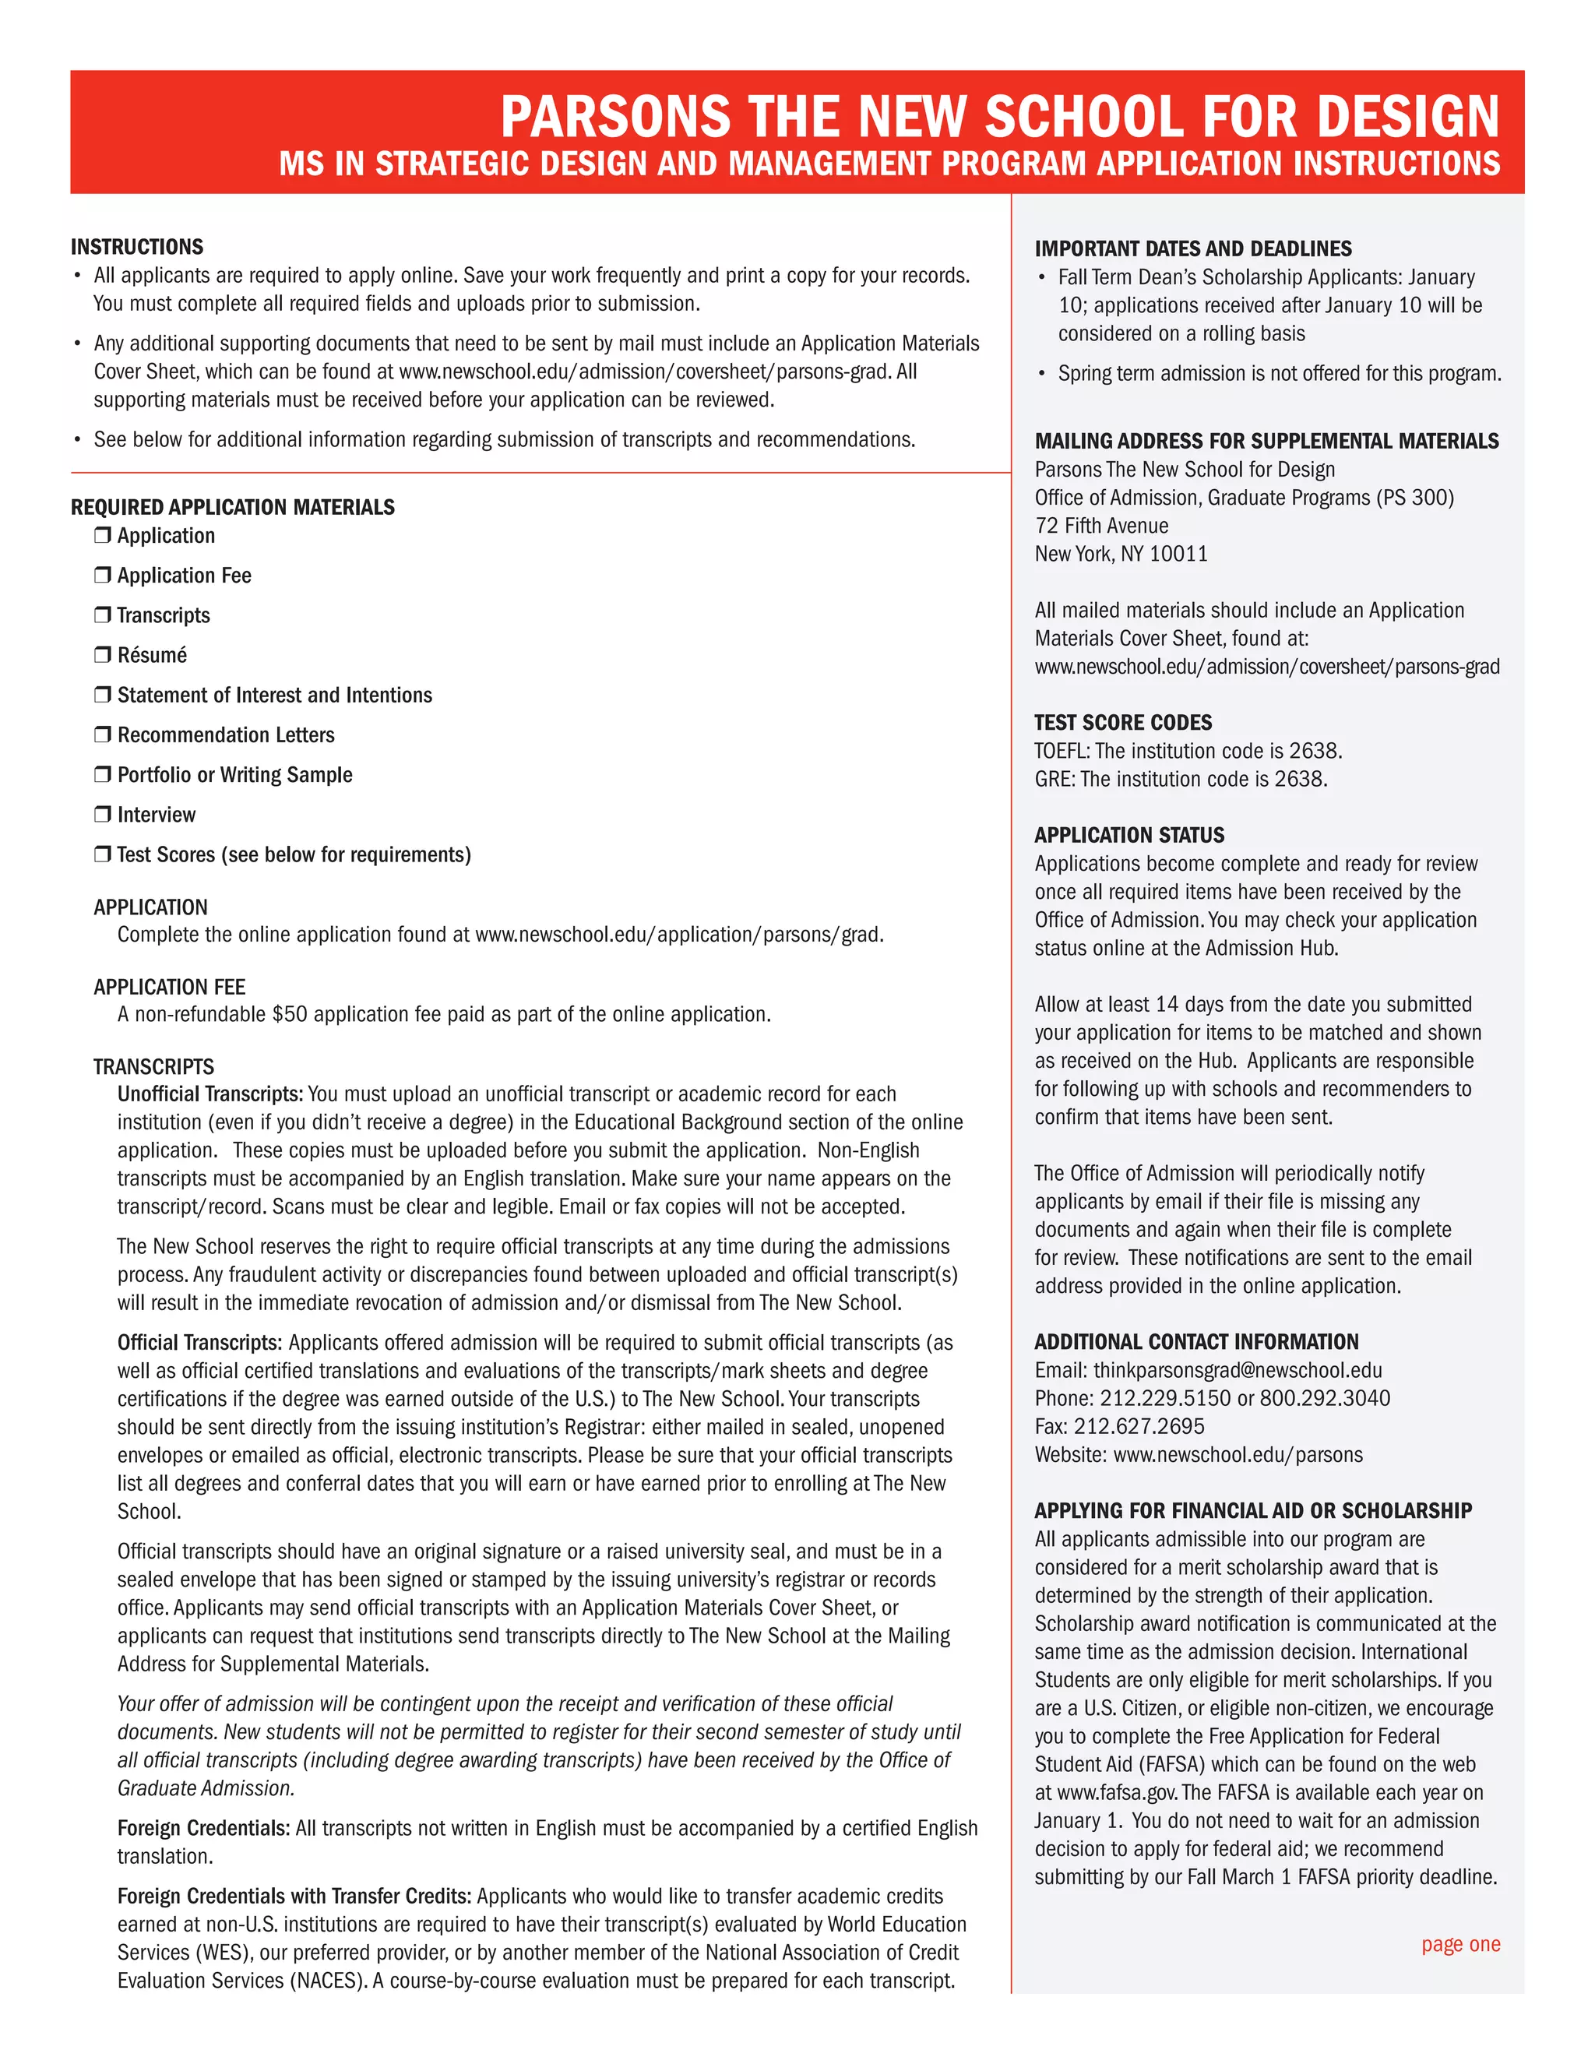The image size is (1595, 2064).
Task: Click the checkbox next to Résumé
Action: tap(102, 654)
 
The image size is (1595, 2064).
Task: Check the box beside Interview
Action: tap(102, 814)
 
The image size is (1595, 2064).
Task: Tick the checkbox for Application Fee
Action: tap(102, 575)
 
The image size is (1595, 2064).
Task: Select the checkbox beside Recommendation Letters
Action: tap(102, 734)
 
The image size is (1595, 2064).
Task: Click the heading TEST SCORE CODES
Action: tap(1122, 723)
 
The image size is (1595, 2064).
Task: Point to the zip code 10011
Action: tap(1178, 555)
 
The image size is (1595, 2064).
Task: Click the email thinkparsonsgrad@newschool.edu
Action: tap(1237, 1370)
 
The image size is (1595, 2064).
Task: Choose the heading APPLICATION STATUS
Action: tap(1129, 836)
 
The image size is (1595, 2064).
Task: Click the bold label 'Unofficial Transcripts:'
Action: tap(209, 1094)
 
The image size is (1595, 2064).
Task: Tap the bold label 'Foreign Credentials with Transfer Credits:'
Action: tap(294, 1897)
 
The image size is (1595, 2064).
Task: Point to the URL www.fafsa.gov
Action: tap(1115, 1794)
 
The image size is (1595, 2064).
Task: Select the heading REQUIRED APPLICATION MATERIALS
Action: tap(232, 508)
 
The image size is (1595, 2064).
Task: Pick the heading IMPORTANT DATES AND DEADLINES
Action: tap(1192, 249)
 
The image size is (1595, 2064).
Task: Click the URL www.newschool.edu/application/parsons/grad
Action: tap(678, 935)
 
